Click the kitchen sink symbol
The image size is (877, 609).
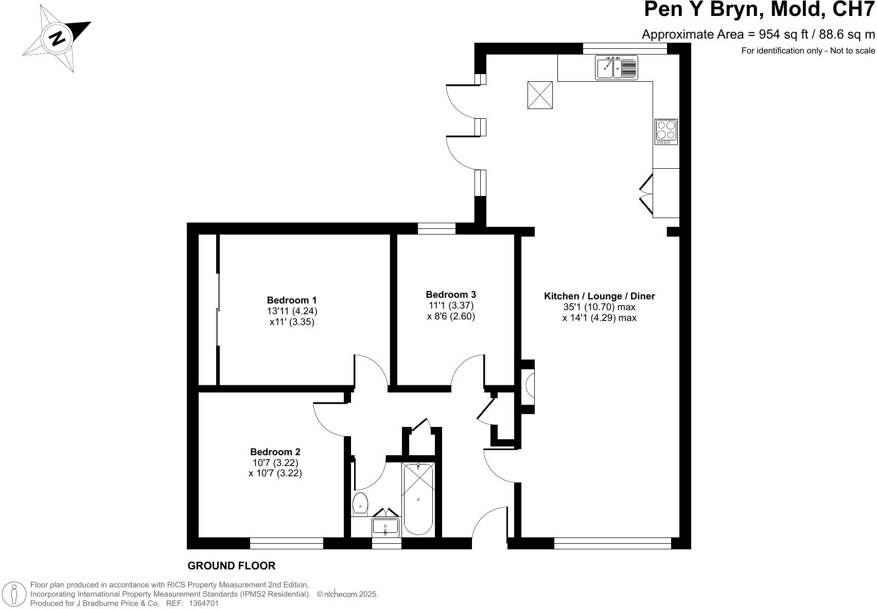617,67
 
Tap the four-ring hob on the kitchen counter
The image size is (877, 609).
666,132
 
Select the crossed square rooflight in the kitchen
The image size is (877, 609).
540,95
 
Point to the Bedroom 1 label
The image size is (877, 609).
291,300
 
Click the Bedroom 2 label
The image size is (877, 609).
275,452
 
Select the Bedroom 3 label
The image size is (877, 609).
450,294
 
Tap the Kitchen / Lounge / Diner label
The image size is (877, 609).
599,296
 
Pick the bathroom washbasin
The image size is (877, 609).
385,526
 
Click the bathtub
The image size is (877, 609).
418,498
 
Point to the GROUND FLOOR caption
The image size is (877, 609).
231,566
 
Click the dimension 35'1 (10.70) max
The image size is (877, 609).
599,307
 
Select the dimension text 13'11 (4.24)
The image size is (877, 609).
291,311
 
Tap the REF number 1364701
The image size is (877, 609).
204,603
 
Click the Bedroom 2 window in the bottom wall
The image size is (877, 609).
286,543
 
